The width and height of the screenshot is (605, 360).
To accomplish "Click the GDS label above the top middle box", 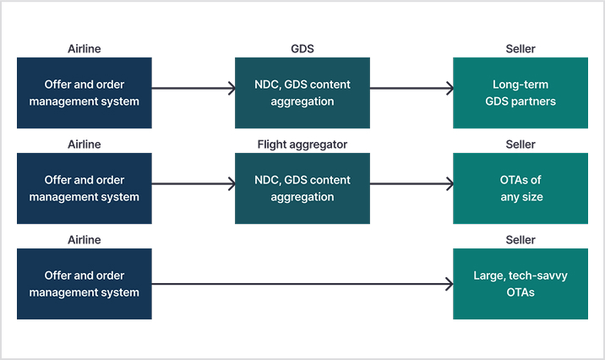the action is coord(302,49).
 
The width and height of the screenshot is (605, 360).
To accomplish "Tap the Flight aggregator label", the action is coord(302,145).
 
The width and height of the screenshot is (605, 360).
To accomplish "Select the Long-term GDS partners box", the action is coord(521,93).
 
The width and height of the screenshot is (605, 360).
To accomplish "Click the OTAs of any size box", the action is coord(521,188).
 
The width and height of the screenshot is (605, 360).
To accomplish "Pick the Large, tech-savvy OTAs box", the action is coord(521,284).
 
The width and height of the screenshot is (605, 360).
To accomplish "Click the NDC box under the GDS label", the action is coord(302,93).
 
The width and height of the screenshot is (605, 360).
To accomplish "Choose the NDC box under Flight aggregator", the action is coord(302,188).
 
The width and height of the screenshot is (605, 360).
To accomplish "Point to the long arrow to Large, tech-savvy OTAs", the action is coord(302,284).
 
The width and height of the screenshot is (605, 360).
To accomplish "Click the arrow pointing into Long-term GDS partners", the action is coord(412,89).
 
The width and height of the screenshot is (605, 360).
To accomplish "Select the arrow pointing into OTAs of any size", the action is coord(412,183).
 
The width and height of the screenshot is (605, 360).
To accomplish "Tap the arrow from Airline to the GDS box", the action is coord(193,89).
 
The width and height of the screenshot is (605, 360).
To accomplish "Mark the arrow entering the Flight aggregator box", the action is coord(193,183).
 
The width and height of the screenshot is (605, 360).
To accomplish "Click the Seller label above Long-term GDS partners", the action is coord(521,49).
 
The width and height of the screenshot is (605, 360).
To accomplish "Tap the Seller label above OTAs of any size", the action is coord(521,145).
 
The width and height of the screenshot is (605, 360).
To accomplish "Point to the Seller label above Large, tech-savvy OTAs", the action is coord(521,240).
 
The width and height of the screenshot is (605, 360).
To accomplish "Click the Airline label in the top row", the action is coord(84,49).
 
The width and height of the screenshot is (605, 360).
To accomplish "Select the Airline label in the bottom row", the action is coord(84,240).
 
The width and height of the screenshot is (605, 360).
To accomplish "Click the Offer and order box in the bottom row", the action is coord(84,284).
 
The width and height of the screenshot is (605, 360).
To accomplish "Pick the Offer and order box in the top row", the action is coord(84,93).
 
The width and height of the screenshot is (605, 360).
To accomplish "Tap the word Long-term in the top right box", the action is coord(521,85).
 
